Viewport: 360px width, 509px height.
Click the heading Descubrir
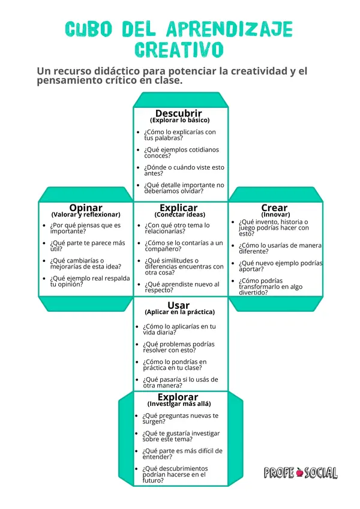[x=178, y=113]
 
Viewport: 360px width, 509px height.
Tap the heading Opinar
[x=86, y=207]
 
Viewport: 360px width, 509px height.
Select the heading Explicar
[x=178, y=207]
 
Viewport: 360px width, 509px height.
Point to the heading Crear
[x=274, y=207]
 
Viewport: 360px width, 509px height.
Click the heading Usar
[x=178, y=305]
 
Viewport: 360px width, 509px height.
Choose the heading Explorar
[x=178, y=397]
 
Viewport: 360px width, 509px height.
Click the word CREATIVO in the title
[x=179, y=50]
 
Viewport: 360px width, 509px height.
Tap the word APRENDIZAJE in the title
[x=229, y=29]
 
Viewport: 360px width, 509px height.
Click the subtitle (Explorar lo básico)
[x=179, y=120]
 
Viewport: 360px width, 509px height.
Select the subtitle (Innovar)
[x=275, y=215]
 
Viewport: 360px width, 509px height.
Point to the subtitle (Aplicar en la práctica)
[x=179, y=312]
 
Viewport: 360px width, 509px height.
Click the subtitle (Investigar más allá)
[x=179, y=404]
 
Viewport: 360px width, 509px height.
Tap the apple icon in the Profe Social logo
[x=299, y=472]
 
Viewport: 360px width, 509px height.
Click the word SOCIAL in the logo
[x=321, y=472]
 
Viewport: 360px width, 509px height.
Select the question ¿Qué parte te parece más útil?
[x=88, y=246]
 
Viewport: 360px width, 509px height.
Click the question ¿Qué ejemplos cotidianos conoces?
[x=182, y=152]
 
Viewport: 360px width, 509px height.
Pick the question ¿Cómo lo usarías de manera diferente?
[x=280, y=248]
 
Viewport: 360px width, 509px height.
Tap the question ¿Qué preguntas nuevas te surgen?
[x=181, y=418]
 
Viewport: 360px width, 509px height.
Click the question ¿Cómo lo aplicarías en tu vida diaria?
[x=179, y=329]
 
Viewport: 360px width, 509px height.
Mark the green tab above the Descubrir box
[x=181, y=100]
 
